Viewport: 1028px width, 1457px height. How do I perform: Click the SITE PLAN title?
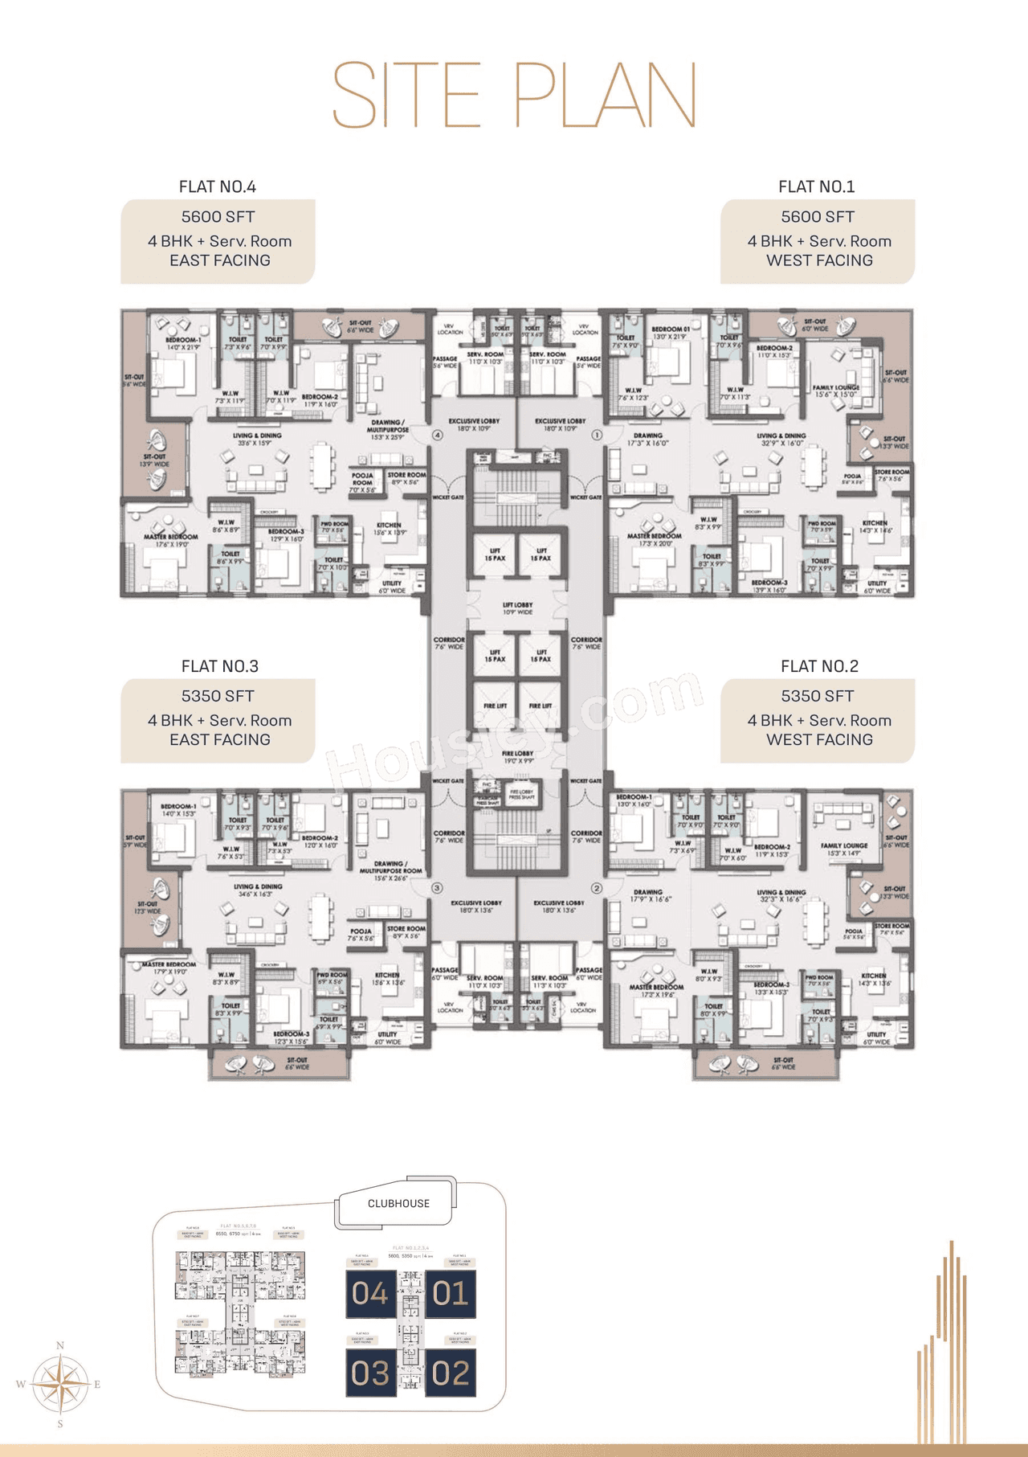pyautogui.click(x=514, y=94)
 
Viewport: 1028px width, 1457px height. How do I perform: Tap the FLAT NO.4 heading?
pyautogui.click(x=217, y=186)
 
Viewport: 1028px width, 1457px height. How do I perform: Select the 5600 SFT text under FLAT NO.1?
pyautogui.click(x=818, y=217)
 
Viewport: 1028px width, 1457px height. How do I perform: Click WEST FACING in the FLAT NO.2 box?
pyautogui.click(x=819, y=739)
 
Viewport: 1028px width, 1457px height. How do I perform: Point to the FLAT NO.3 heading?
pyautogui.click(x=219, y=666)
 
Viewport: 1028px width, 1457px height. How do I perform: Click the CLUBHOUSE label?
pyautogui.click(x=398, y=1203)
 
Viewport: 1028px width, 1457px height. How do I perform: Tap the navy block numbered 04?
pyautogui.click(x=370, y=1294)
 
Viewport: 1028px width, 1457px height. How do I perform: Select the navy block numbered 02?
pyautogui.click(x=450, y=1373)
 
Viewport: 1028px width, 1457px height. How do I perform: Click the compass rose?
pyautogui.click(x=60, y=1384)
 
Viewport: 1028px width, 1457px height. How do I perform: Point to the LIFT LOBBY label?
pyautogui.click(x=517, y=608)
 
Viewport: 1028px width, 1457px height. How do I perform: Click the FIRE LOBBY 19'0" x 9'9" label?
pyautogui.click(x=518, y=757)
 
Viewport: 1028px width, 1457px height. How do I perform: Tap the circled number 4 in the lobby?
pyautogui.click(x=438, y=435)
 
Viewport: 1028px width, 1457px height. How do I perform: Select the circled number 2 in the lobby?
pyautogui.click(x=597, y=888)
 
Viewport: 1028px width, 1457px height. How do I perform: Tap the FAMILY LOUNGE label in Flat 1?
pyautogui.click(x=836, y=391)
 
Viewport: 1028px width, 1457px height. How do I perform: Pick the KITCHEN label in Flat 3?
pyautogui.click(x=387, y=978)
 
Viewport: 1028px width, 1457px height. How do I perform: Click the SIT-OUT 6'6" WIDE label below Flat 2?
pyautogui.click(x=783, y=1063)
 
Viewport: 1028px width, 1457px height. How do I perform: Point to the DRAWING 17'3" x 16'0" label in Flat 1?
pyautogui.click(x=647, y=439)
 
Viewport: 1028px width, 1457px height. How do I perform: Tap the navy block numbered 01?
pyautogui.click(x=450, y=1294)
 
